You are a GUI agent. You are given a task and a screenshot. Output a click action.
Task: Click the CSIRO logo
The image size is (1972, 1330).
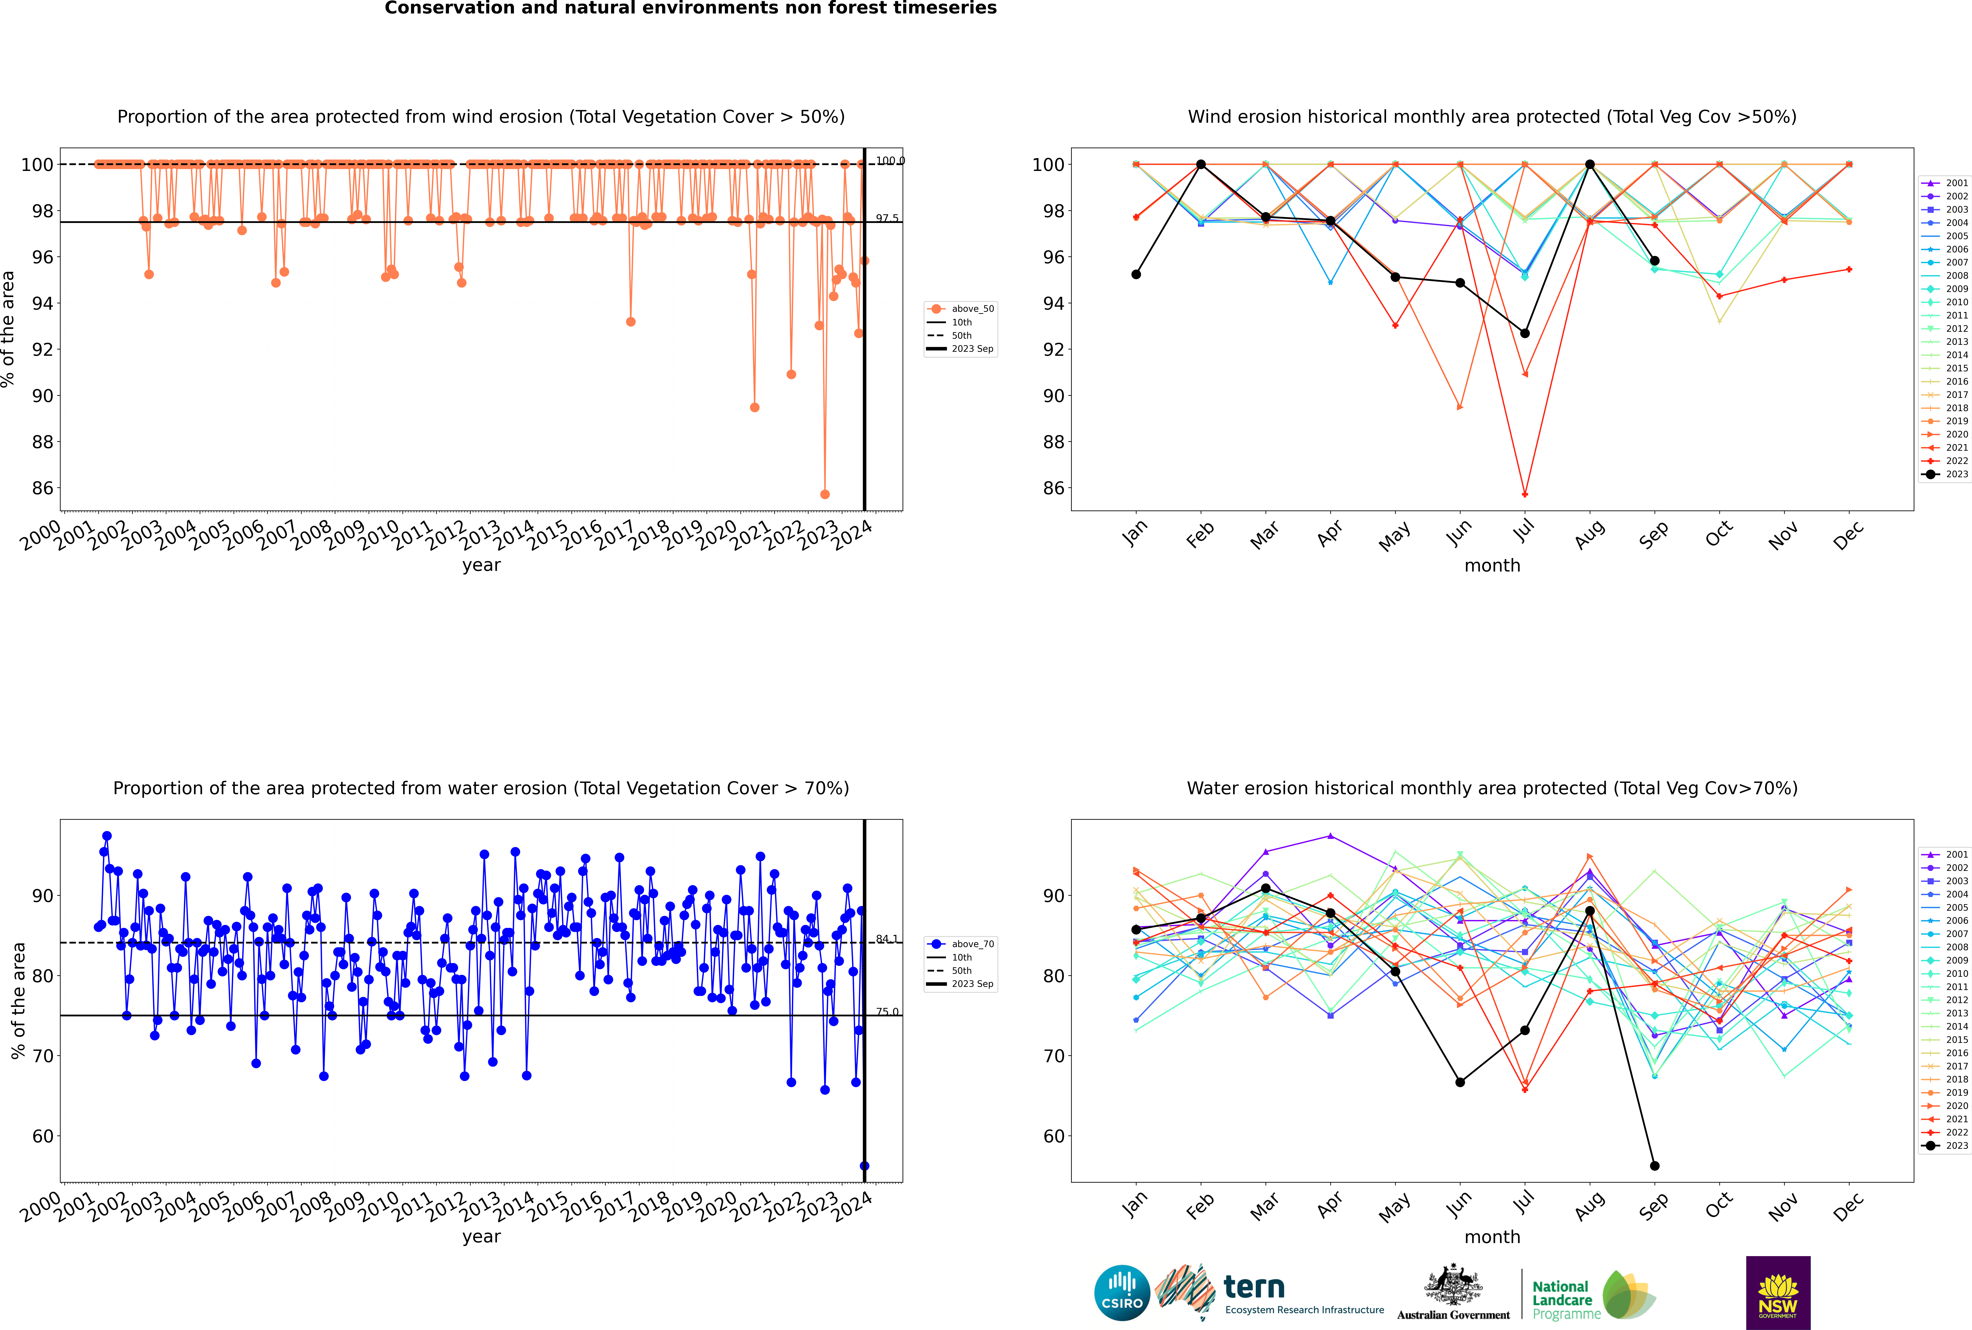pyautogui.click(x=1122, y=1293)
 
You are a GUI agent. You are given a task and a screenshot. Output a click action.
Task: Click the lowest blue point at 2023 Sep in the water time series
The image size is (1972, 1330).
pyautogui.click(x=864, y=1165)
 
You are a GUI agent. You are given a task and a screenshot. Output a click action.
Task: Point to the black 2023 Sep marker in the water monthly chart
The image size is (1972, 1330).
pyautogui.click(x=1654, y=1165)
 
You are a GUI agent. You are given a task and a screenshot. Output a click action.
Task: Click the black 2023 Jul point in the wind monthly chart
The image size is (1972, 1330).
pyautogui.click(x=1524, y=333)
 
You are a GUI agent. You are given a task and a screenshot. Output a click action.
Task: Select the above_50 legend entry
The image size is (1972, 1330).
pyautogui.click(x=961, y=309)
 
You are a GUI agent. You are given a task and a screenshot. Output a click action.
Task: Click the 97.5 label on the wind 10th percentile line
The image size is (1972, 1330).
pyautogui.click(x=887, y=218)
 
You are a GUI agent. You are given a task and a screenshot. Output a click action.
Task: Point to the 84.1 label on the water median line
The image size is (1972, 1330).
pyautogui.click(x=887, y=939)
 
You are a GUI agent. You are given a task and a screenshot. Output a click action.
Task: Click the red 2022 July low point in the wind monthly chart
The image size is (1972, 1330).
pyautogui.click(x=1524, y=494)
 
